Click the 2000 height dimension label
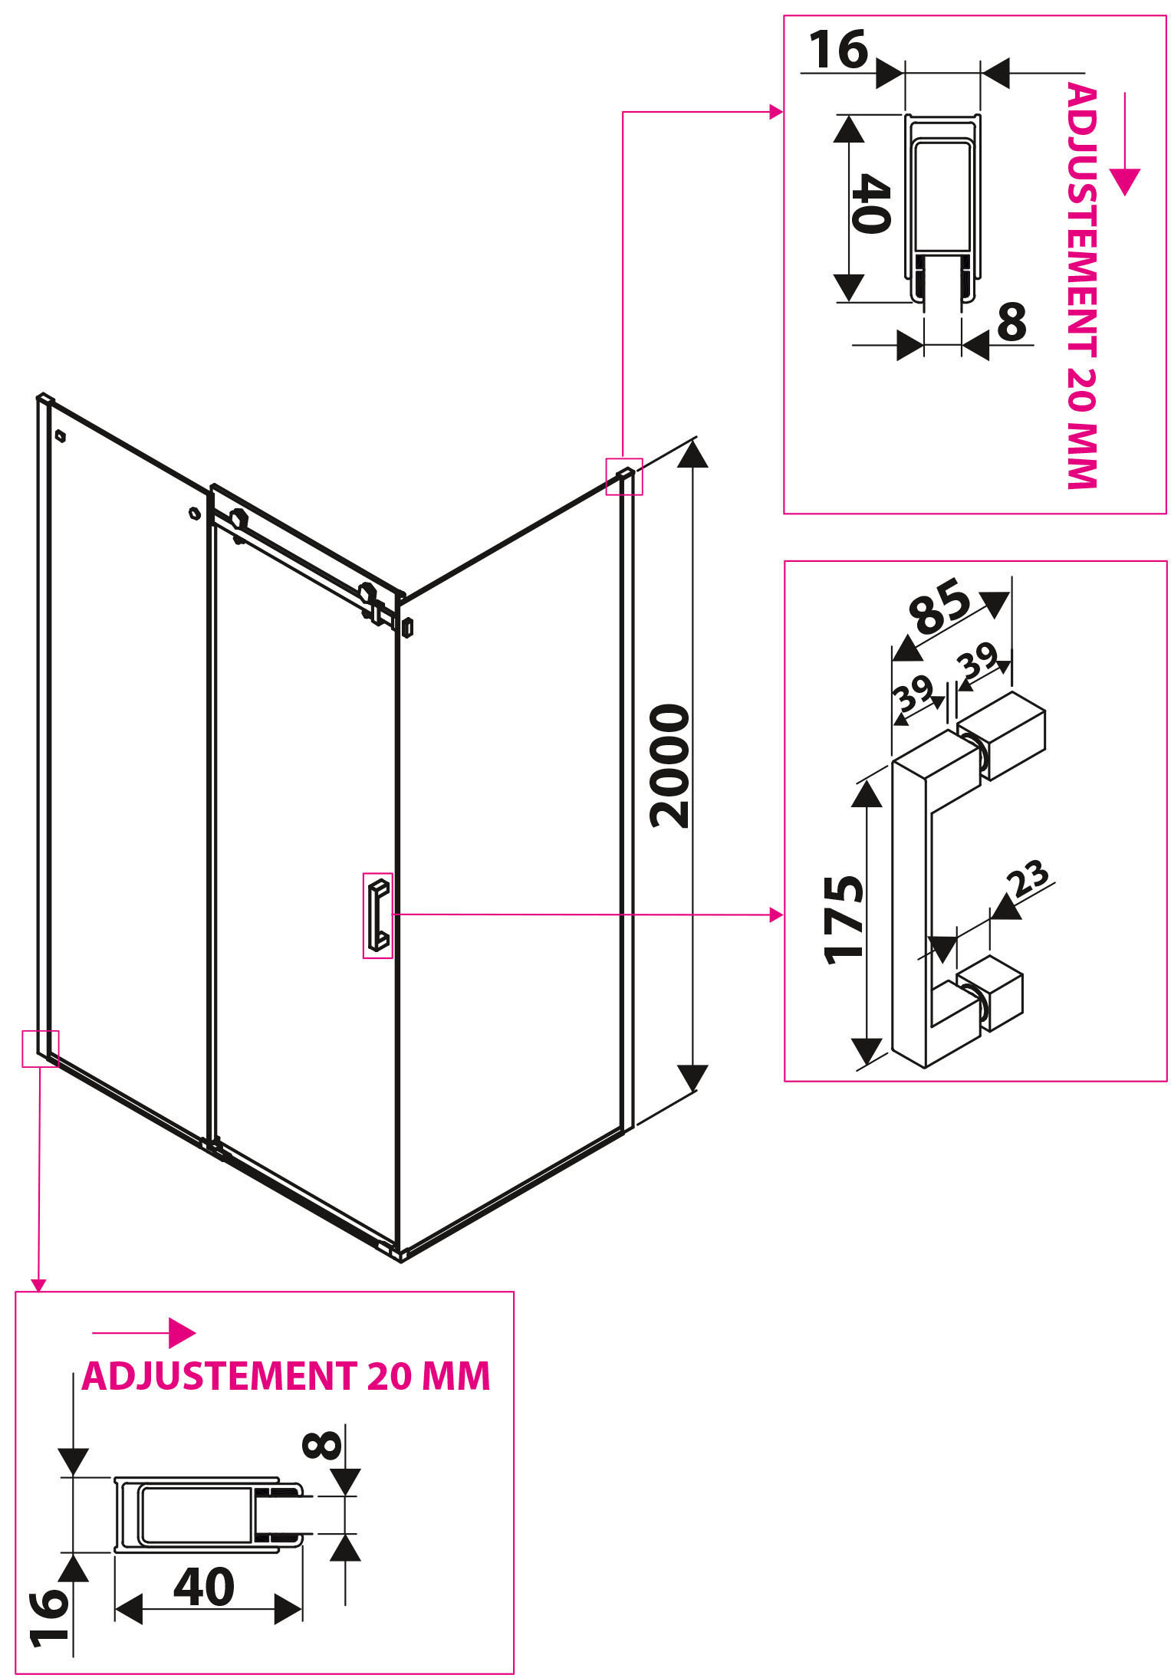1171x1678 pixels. [x=669, y=766]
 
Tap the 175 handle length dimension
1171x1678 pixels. [x=844, y=918]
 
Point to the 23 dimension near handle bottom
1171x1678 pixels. [x=1029, y=879]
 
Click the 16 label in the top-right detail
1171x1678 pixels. [x=838, y=49]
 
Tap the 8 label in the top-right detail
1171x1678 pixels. [x=1011, y=322]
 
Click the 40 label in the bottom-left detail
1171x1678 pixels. [x=204, y=1587]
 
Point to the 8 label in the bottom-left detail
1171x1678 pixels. [x=322, y=1446]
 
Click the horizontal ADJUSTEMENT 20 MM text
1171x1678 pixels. [x=285, y=1375]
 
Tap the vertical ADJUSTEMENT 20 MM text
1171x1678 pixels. [x=1082, y=286]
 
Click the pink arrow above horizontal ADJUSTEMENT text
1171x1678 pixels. [x=144, y=1333]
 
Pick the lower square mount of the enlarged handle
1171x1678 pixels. [x=991, y=992]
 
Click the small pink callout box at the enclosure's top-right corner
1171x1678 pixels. [x=623, y=476]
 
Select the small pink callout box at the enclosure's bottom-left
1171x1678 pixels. [x=40, y=1048]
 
